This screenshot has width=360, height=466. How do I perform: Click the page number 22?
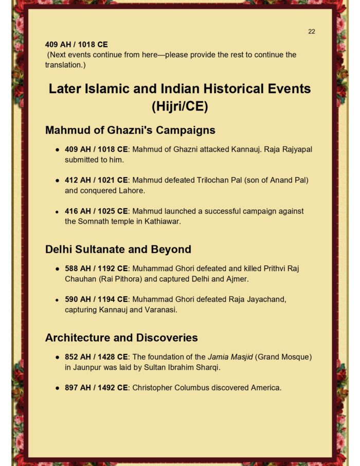click(312, 31)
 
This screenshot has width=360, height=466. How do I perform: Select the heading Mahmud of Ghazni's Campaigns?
click(130, 130)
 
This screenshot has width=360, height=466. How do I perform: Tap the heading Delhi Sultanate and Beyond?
click(118, 249)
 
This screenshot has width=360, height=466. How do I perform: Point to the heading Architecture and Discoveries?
click(121, 338)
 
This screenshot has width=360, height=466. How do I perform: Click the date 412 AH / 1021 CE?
click(96, 180)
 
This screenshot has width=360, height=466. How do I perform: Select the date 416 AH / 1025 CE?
click(96, 211)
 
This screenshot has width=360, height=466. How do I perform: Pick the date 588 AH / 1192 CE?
click(96, 268)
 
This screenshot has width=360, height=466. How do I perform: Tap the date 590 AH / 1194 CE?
click(96, 299)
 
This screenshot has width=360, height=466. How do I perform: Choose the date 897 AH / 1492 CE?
click(96, 387)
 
